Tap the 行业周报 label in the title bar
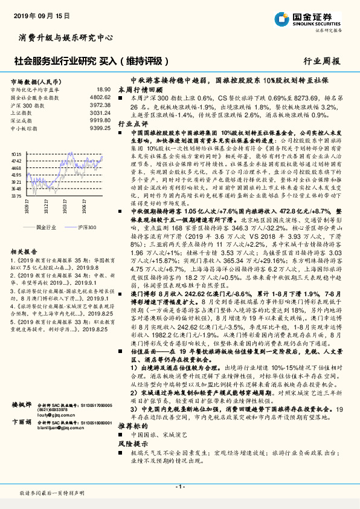click(321, 61)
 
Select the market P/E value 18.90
click(103, 89)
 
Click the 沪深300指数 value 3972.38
click(100, 104)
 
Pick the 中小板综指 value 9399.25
click(100, 128)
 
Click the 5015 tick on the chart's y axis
click(16, 155)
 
